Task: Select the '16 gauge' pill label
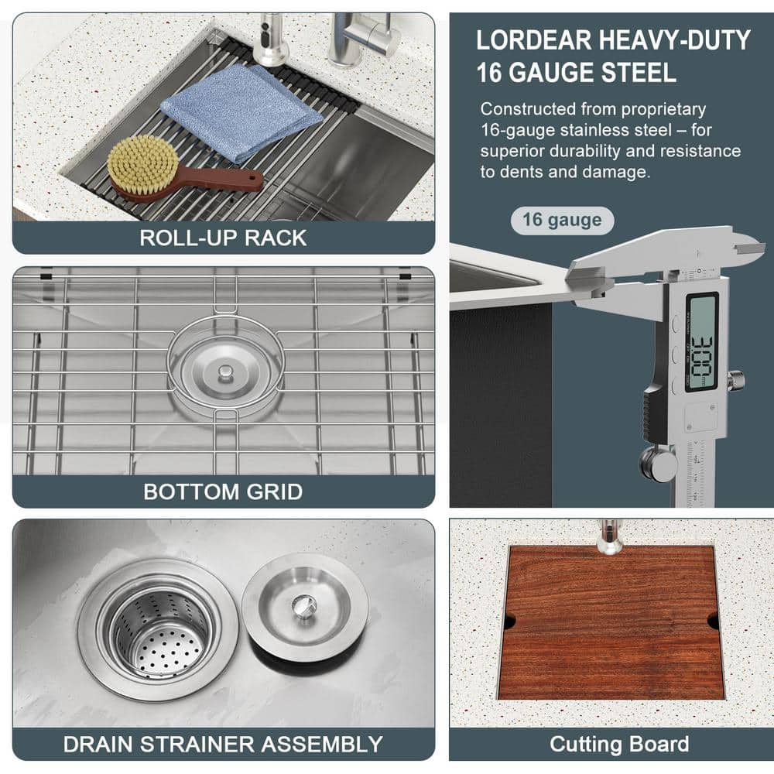(562, 220)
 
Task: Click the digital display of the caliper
(701, 341)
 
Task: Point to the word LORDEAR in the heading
(533, 40)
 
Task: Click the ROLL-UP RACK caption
(223, 238)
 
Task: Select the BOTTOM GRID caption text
(223, 491)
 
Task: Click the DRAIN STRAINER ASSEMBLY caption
(223, 745)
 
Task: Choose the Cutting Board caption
(619, 744)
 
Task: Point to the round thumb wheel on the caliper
(656, 464)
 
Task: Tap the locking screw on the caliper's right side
(735, 381)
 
